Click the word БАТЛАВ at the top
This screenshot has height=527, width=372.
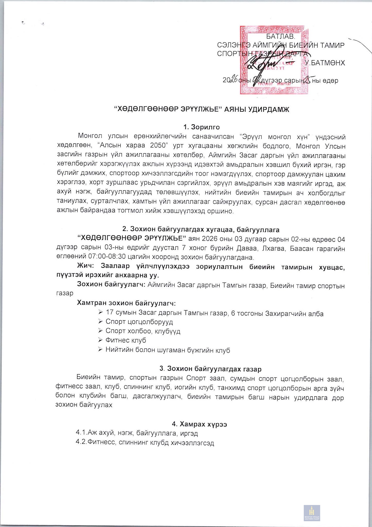pyautogui.click(x=280, y=37)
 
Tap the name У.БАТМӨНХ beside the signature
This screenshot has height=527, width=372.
pyautogui.click(x=325, y=63)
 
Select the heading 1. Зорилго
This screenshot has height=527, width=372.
pyautogui.click(x=201, y=127)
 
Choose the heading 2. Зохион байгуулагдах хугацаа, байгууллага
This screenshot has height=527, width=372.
pyautogui.click(x=201, y=229)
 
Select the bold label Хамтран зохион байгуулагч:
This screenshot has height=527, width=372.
pyautogui.click(x=126, y=303)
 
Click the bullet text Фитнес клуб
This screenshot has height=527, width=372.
pyautogui.click(x=126, y=340)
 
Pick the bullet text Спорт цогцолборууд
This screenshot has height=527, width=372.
pyautogui.click(x=139, y=322)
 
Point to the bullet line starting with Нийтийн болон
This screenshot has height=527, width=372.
pyautogui.click(x=168, y=350)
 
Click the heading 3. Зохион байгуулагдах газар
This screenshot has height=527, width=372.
pyautogui.click(x=210, y=369)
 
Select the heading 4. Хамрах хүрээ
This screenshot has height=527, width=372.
pyautogui.click(x=199, y=424)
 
